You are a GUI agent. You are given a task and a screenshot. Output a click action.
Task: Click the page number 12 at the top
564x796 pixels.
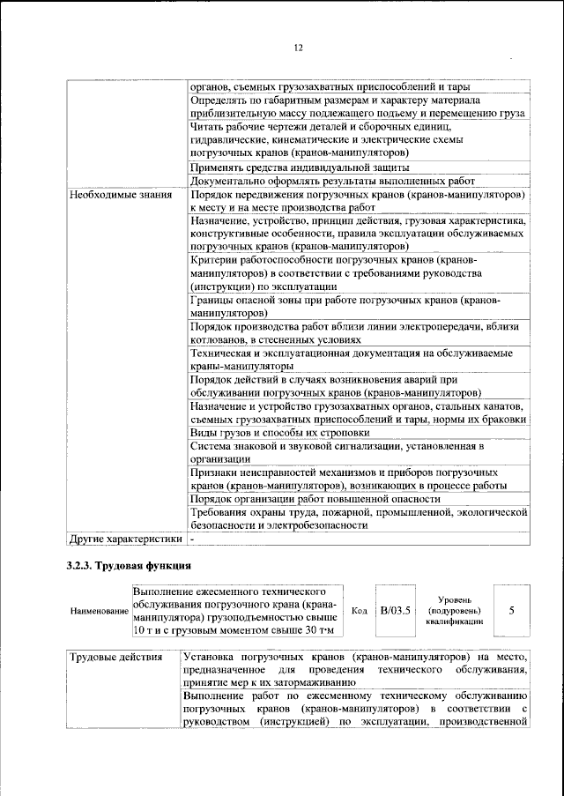coord(298,48)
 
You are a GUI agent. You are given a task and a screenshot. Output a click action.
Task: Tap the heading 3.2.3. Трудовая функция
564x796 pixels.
coord(129,564)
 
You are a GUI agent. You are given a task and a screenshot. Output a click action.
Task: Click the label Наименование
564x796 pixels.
coord(99,611)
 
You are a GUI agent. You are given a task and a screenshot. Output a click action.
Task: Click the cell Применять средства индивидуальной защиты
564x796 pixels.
coord(300,166)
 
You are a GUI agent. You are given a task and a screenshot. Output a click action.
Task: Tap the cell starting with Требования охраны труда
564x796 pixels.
coord(358,517)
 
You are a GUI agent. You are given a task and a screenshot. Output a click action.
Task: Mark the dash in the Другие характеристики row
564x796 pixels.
coord(193,537)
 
